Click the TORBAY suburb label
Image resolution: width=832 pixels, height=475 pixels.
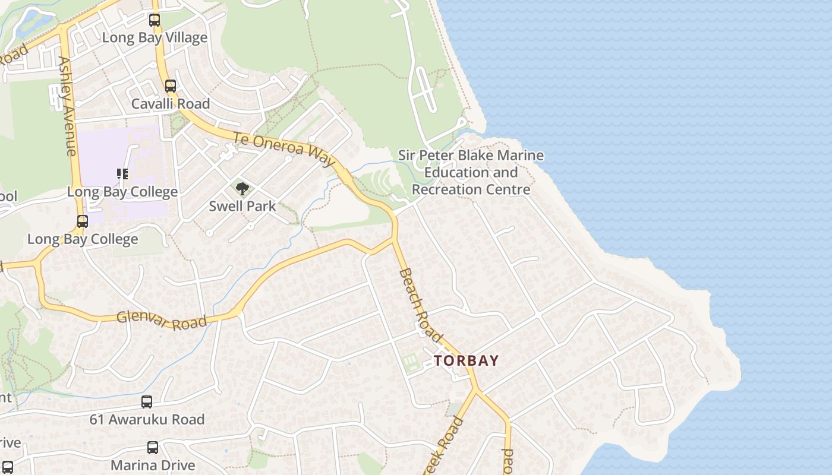tap(466, 360)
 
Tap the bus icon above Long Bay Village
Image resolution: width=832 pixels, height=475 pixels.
tap(155, 20)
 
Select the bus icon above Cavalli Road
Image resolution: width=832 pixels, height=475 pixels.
tap(171, 86)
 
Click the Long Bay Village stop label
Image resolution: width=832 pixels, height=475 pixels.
tap(155, 37)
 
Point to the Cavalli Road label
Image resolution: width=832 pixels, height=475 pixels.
tap(171, 104)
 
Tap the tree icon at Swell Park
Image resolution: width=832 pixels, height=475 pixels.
tap(242, 189)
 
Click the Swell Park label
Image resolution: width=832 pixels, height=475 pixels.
tap(242, 206)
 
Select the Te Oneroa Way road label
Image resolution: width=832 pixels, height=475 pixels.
tap(284, 148)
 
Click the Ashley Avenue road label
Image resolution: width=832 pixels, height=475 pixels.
tap(67, 106)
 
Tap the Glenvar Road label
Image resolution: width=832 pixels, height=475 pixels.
tap(162, 319)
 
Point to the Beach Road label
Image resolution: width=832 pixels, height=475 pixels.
tap(420, 305)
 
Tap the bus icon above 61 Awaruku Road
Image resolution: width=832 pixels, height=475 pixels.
tap(147, 402)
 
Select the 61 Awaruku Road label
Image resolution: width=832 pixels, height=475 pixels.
tap(147, 419)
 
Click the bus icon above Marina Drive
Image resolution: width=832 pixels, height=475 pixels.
tap(153, 448)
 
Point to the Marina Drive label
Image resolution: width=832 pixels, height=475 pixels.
tap(153, 465)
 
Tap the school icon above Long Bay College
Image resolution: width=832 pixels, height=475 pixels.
tap(122, 174)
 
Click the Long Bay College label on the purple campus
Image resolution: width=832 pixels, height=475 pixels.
tap(122, 192)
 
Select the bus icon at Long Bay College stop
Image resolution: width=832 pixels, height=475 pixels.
tap(83, 221)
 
